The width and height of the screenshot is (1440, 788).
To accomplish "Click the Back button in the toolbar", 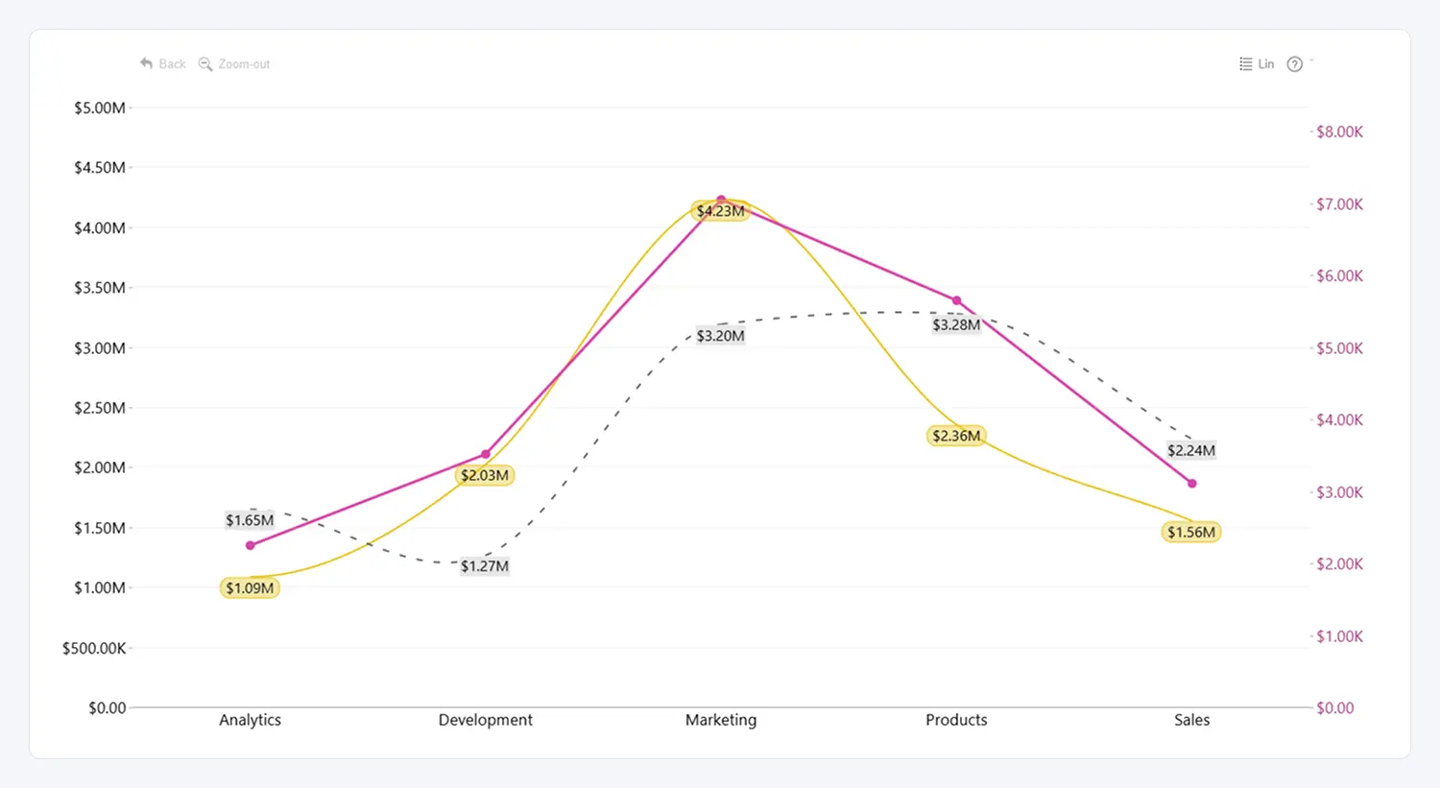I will click(x=163, y=64).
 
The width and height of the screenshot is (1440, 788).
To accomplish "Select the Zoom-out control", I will click(x=234, y=64).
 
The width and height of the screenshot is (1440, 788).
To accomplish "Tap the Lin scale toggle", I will click(x=1257, y=64).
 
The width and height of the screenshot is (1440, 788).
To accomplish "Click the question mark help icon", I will click(x=1295, y=64).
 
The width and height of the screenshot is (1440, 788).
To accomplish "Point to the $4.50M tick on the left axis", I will click(x=100, y=168).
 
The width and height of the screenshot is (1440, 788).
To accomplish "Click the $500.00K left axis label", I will click(x=94, y=649).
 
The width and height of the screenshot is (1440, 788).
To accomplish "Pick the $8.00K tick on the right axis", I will click(x=1339, y=132).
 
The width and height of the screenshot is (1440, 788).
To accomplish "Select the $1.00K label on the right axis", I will click(x=1339, y=636).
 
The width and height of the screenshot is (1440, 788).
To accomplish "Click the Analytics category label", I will click(x=250, y=720).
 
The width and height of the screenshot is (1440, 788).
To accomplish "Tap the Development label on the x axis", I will click(x=485, y=720).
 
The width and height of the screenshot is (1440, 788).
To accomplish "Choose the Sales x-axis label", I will click(x=1191, y=720).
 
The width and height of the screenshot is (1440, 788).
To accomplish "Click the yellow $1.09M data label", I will click(x=250, y=588).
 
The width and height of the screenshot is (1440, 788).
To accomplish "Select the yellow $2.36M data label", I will click(x=956, y=437).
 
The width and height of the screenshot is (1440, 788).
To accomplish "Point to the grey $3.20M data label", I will click(x=720, y=336).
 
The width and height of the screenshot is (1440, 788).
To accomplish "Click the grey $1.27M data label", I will click(x=485, y=566).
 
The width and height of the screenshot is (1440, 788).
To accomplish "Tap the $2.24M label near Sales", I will click(x=1191, y=451).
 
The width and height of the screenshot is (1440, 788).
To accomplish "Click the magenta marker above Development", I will click(x=486, y=454).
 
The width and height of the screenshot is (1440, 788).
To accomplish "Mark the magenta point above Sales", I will click(x=1192, y=484).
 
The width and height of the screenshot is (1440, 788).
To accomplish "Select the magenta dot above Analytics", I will click(x=251, y=545).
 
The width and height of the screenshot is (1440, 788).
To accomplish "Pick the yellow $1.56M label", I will click(x=1191, y=533).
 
